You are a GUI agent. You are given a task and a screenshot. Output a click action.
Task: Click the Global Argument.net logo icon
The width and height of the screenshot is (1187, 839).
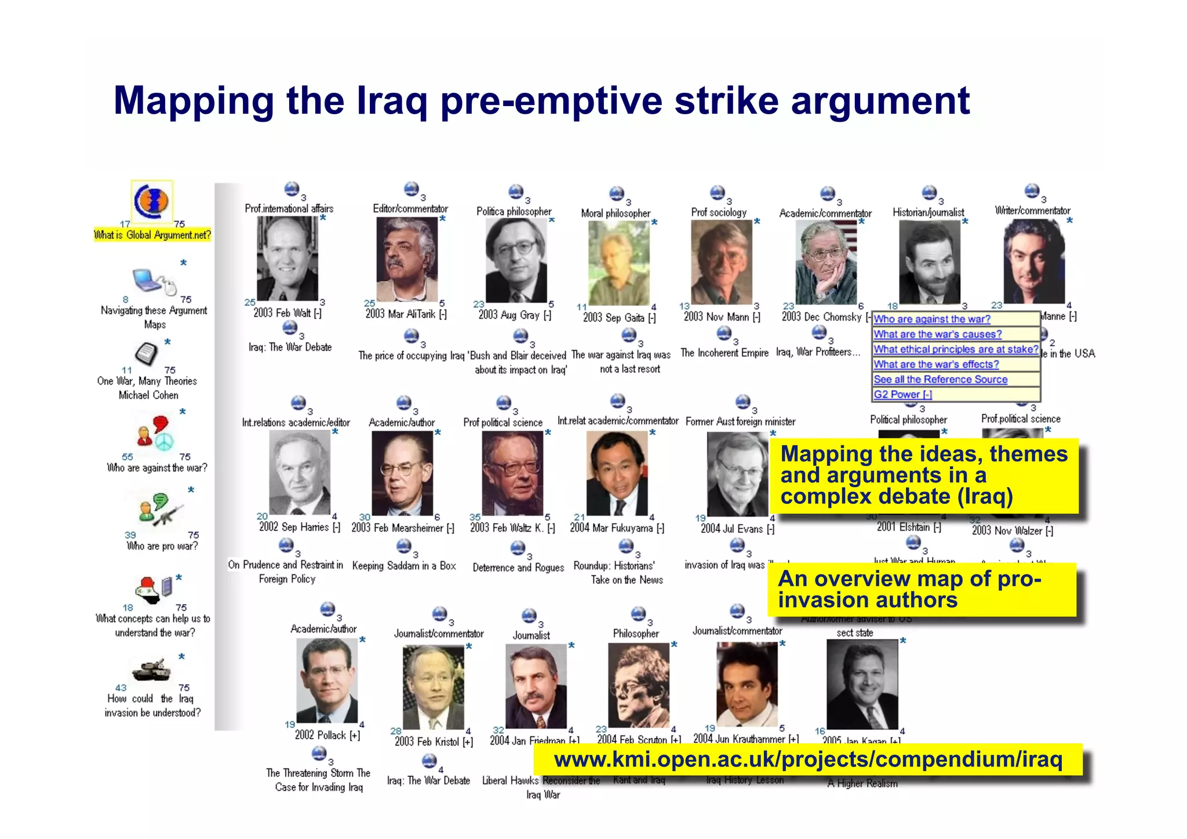point(151,201)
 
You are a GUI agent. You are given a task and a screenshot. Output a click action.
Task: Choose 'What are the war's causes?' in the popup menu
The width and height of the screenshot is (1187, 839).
point(937,334)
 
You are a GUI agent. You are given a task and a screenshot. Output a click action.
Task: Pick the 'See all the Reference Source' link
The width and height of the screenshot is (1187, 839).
point(940,379)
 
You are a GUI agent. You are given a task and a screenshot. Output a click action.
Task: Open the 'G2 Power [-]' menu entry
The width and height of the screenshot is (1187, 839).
point(902,394)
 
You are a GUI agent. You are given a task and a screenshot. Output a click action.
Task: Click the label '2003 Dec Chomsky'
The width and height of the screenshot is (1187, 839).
point(821,317)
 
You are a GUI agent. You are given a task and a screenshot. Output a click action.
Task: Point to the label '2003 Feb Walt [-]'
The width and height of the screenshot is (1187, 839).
point(287,313)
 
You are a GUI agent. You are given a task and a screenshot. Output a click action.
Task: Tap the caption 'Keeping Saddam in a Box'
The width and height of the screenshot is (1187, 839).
point(404,566)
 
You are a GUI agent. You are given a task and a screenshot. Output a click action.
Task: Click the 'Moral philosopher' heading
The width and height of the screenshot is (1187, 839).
point(616,213)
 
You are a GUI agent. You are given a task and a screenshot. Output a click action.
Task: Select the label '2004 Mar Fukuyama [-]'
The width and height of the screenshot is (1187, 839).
point(617,528)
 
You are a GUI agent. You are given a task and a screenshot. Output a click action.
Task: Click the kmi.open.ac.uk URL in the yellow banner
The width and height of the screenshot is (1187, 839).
point(808,760)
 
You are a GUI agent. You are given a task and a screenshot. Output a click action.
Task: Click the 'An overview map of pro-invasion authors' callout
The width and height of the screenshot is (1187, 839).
point(922,589)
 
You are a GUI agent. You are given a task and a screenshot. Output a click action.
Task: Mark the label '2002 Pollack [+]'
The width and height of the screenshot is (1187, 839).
point(327,735)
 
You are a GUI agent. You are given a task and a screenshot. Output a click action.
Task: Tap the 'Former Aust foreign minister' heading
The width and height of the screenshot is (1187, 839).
point(740,422)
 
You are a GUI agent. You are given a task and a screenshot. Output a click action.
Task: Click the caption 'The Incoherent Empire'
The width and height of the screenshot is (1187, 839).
point(724,353)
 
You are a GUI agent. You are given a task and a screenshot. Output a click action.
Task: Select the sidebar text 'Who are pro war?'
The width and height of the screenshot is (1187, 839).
point(162,546)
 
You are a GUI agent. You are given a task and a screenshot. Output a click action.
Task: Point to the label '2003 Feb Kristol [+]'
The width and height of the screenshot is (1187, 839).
point(434,742)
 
